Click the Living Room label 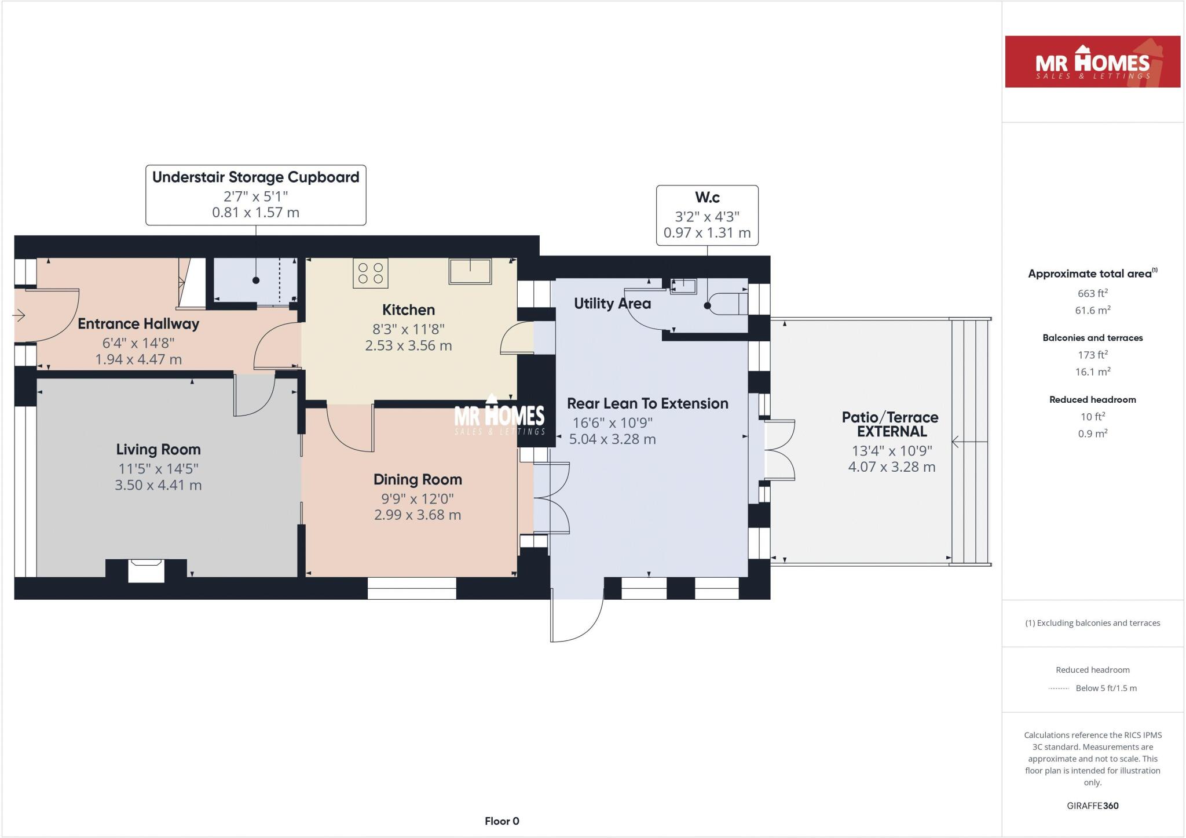158,450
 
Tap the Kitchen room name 408,310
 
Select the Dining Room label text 418,480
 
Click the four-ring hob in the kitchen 371,274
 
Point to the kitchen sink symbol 470,271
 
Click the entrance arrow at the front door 19,316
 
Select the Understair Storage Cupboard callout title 255,177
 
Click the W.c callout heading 707,198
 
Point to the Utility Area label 612,304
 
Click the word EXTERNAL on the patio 892,432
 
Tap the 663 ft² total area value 1092,294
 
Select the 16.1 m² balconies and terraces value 1092,372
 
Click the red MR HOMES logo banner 1092,62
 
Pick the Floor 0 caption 502,821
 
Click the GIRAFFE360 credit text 1092,806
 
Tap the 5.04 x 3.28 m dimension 612,440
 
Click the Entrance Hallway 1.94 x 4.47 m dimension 138,360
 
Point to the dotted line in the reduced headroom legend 1058,688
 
